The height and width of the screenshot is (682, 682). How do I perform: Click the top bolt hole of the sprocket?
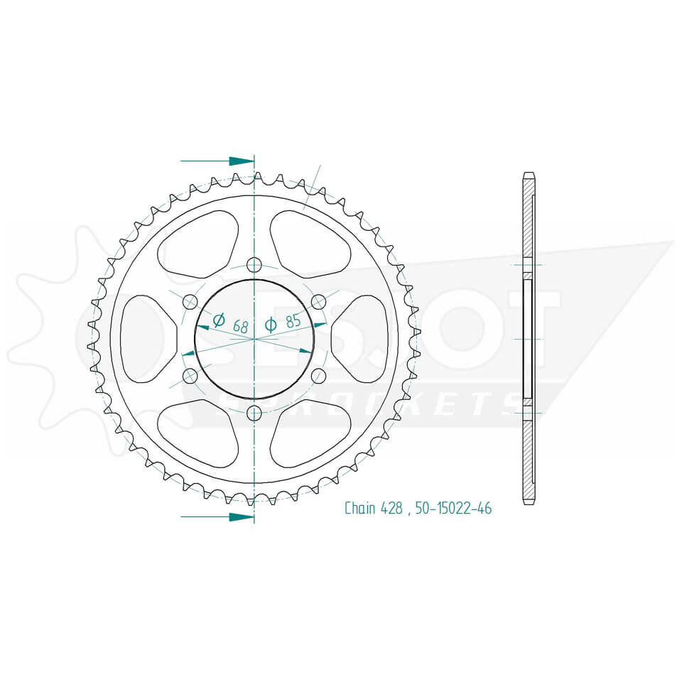pos(254,265)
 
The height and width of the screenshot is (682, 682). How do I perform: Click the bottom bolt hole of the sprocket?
pos(254,413)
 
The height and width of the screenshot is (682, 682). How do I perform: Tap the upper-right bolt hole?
pos(318,301)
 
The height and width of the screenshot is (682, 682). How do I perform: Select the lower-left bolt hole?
pos(190,376)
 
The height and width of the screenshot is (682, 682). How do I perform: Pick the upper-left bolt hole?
pos(190,302)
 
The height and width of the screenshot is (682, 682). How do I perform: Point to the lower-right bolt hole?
pos(318,376)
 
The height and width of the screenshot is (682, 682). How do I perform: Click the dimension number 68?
pos(239,326)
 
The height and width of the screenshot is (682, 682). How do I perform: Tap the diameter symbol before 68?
pos(219,320)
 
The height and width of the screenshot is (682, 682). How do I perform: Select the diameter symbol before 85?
pos(271,325)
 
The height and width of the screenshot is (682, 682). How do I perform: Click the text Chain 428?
pos(374,508)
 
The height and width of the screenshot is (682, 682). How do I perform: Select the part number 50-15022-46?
pos(453,508)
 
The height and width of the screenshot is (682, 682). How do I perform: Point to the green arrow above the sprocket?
pos(241,161)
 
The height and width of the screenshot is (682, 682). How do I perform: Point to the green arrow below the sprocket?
pos(241,517)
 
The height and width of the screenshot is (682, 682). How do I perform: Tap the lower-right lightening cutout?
pos(310,432)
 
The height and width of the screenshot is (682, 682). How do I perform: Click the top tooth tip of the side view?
pos(528,175)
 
